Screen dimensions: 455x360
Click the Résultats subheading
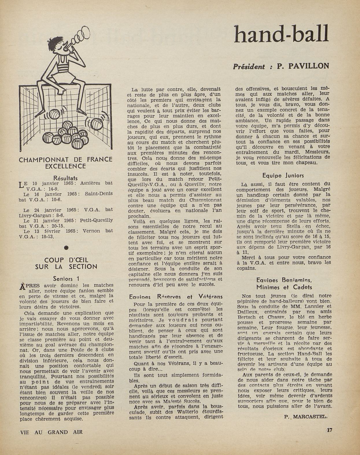pyautogui.click(x=66, y=178)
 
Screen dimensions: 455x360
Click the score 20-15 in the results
pyautogui.click(x=57, y=226)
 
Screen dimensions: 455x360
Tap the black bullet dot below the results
pyautogui.click(x=66, y=248)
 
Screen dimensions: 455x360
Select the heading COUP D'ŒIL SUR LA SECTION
pyautogui.click(x=66, y=263)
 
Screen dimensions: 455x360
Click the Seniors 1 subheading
pyautogui.click(x=66, y=279)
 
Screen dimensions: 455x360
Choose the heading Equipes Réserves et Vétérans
pyautogui.click(x=176, y=297)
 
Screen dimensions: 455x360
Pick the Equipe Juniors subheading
pyautogui.click(x=283, y=175)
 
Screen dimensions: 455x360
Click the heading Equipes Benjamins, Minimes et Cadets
pyautogui.click(x=284, y=284)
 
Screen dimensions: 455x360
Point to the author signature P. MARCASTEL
pyautogui.click(x=306, y=417)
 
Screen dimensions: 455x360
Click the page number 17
pyautogui.click(x=329, y=430)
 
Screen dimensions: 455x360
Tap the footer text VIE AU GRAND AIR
pyautogui.click(x=51, y=432)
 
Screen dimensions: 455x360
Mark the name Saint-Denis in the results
pyautogui.click(x=99, y=194)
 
